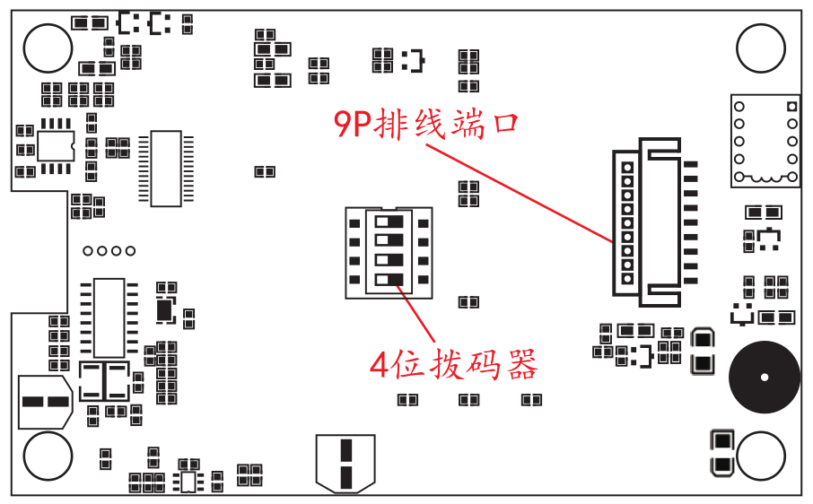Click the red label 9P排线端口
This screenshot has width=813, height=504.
pyautogui.click(x=426, y=124)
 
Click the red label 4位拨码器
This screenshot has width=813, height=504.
pyautogui.click(x=454, y=365)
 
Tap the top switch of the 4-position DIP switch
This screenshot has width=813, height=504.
pyautogui.click(x=389, y=221)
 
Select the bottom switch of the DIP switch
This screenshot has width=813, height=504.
pyautogui.click(x=389, y=280)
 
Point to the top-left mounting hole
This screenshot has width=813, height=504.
pyautogui.click(x=48, y=48)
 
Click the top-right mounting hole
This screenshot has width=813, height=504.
pyautogui.click(x=761, y=48)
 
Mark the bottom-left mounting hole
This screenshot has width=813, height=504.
pyautogui.click(x=48, y=456)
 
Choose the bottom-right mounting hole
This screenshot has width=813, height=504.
pyautogui.click(x=761, y=456)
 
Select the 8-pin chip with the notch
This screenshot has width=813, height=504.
pyautogui.click(x=55, y=145)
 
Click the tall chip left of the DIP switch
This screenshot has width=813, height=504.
pyautogui.click(x=166, y=168)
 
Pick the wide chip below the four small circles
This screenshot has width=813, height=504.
pyautogui.click(x=109, y=317)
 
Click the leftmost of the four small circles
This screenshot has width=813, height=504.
pyautogui.click(x=88, y=250)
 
